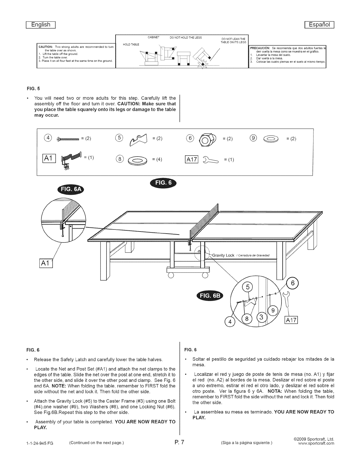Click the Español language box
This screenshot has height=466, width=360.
click(x=319, y=24)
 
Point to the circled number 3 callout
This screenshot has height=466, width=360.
click(x=262, y=318)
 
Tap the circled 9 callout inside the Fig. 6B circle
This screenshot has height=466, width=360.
click(x=273, y=310)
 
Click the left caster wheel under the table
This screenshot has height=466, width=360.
click(x=171, y=275)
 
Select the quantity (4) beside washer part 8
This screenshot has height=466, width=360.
click(x=157, y=159)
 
